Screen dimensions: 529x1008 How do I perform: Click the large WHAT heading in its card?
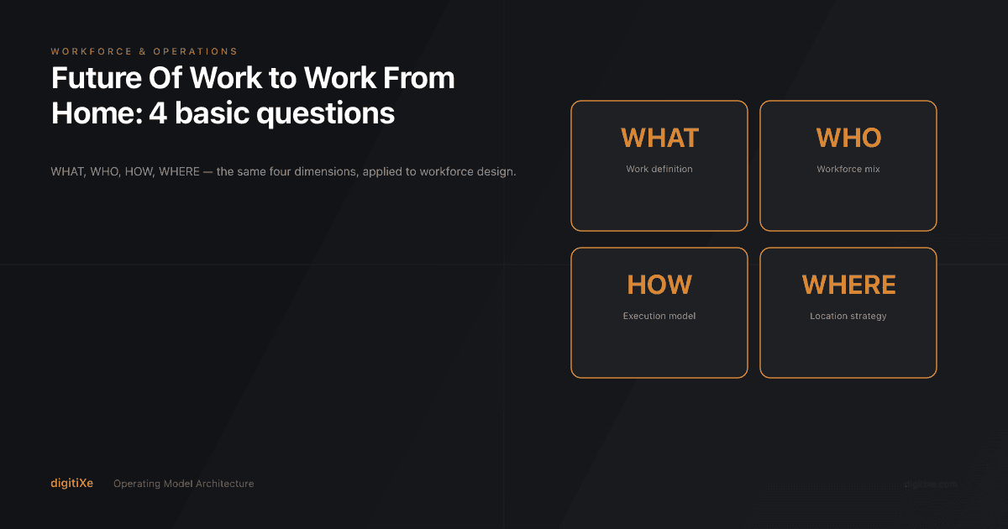tap(659, 138)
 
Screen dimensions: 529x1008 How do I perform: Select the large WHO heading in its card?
tap(848, 138)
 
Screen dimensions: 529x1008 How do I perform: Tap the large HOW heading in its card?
tap(659, 285)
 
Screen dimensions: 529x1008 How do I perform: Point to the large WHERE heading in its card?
tap(848, 285)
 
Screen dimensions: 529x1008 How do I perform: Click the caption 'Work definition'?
tap(659, 169)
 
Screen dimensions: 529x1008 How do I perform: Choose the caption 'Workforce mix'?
tap(848, 169)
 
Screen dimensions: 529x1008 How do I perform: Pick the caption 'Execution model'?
tap(659, 317)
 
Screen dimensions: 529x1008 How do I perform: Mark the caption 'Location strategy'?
tap(848, 317)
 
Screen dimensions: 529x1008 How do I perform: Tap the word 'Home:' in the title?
tap(96, 113)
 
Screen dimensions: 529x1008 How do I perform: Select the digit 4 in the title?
tap(157, 113)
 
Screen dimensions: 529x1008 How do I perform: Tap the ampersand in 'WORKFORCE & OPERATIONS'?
tap(143, 52)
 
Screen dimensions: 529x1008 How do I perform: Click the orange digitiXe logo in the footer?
tap(71, 484)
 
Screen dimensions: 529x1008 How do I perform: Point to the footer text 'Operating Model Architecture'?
tap(183, 484)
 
